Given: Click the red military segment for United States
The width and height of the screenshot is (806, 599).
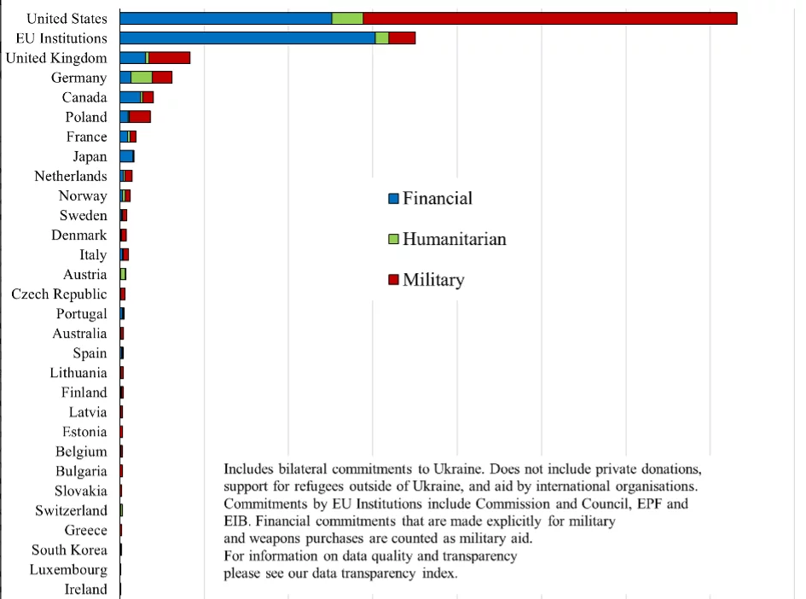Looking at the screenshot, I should (549, 19).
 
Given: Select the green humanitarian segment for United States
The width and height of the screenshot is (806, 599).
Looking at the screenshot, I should (347, 19).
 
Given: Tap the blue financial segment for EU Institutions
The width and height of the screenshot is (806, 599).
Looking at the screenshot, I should (247, 38).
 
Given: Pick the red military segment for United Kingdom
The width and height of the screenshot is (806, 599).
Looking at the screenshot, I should (169, 58).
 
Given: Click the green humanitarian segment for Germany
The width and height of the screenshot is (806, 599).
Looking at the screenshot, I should (142, 78).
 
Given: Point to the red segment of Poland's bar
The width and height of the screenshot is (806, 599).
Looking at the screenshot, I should (140, 117).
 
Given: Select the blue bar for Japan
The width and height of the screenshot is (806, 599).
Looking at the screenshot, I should (126, 156).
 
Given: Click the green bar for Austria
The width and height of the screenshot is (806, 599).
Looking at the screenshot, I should (123, 274).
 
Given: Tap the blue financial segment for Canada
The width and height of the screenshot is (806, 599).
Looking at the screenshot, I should (130, 97).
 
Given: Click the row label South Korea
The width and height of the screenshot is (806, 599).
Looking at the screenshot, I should (70, 550).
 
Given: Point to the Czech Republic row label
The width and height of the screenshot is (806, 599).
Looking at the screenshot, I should (60, 294).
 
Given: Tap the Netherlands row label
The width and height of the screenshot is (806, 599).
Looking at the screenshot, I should (71, 177).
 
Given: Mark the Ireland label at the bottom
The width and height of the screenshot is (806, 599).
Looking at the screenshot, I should (86, 590).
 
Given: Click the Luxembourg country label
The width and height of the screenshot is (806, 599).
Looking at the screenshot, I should (68, 570).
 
